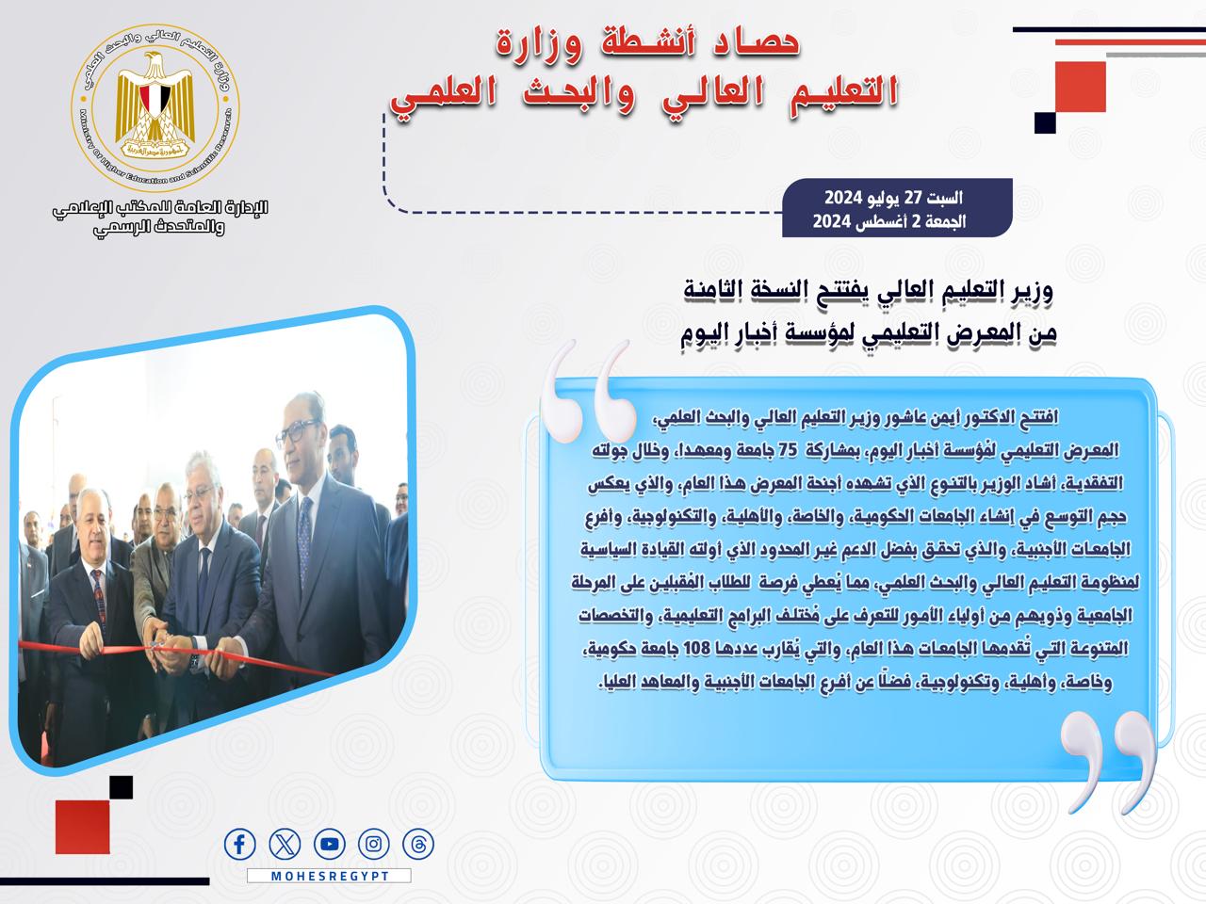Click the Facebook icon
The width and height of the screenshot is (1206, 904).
[239, 844]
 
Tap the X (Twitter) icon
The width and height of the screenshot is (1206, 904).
[285, 844]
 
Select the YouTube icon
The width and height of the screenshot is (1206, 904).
[330, 844]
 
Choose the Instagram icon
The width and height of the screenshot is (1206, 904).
[374, 844]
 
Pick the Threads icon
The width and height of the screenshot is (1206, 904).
[418, 844]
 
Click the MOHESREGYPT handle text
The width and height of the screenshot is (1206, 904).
[330, 876]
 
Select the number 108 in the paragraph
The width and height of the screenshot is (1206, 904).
[696, 648]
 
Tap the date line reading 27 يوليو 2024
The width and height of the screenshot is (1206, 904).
[893, 198]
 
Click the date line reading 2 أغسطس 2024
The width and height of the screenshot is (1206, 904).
[889, 221]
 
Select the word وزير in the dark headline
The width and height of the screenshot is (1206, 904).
[1032, 291]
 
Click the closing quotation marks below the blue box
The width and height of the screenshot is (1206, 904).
[1109, 762]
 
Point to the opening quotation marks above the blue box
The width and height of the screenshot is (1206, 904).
[587, 391]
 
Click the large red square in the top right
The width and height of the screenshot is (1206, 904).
[1080, 87]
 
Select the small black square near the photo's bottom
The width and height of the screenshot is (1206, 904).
[121, 787]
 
